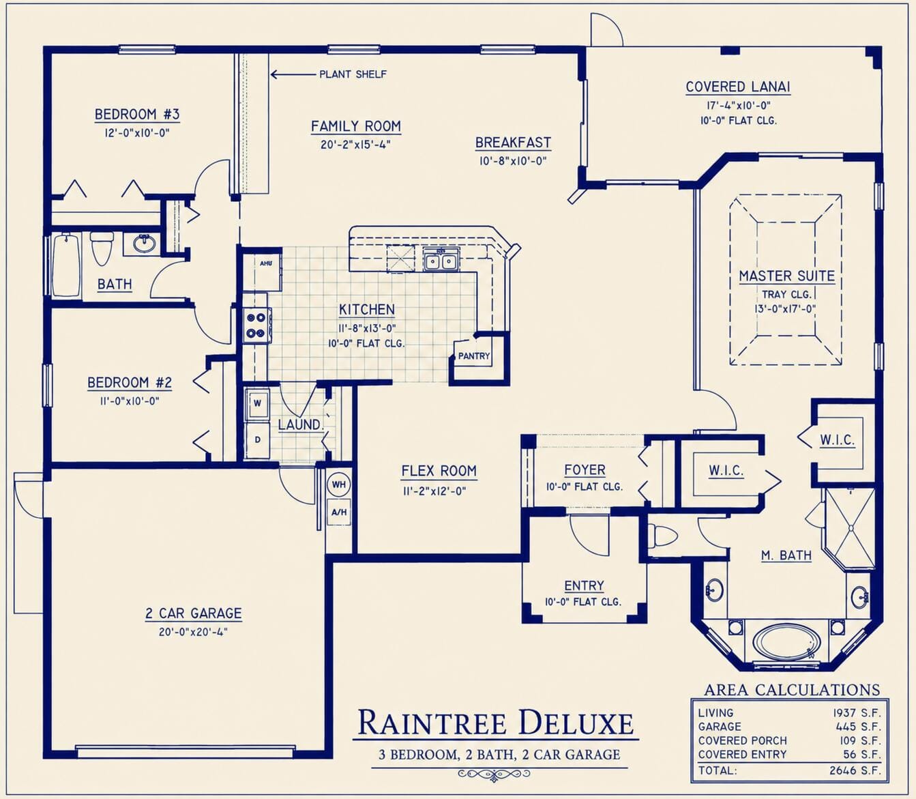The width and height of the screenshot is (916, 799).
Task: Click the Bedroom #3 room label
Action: [x=137, y=114]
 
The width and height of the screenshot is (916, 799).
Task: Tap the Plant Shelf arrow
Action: [x=293, y=74]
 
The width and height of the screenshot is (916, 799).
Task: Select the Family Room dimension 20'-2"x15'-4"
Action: [x=356, y=145]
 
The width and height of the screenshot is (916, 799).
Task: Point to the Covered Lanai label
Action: [x=738, y=87]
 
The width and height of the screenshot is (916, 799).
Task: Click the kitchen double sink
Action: [x=441, y=260]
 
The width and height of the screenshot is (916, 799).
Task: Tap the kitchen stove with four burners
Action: [x=256, y=325]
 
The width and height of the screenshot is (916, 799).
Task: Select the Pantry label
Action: [x=474, y=356]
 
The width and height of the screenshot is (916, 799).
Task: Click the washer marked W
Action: [x=257, y=403]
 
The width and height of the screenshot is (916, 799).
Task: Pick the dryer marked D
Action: [x=257, y=439]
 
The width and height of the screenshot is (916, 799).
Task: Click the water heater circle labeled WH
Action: [x=339, y=484]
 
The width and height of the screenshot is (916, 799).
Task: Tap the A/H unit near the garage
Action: [x=339, y=512]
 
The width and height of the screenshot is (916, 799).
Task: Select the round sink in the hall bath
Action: [x=144, y=243]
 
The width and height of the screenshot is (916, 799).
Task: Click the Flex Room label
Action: [x=439, y=471]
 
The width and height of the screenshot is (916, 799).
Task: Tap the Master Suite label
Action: [x=786, y=276]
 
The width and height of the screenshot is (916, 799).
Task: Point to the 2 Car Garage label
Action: [x=194, y=613]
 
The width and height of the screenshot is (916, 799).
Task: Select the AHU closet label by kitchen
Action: [x=266, y=263]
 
